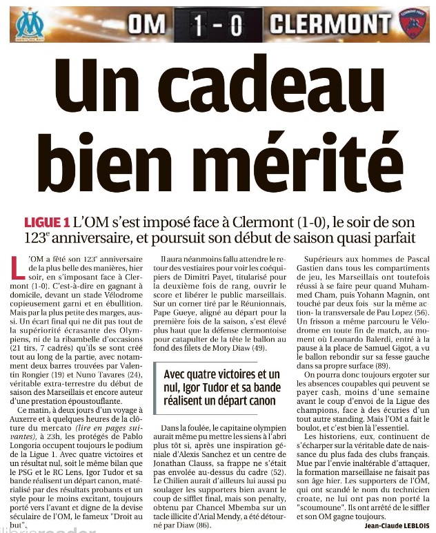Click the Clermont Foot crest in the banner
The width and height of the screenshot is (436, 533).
tap(413, 24)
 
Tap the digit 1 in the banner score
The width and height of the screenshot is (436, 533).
tap(199, 25)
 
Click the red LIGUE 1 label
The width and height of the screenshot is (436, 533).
tap(47, 222)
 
